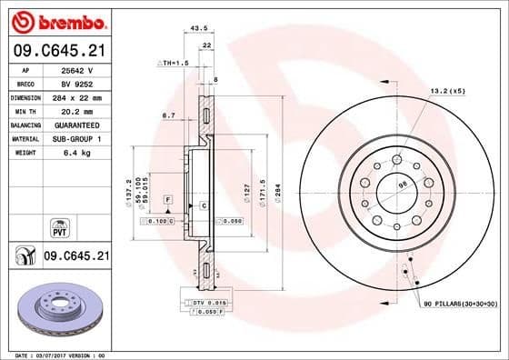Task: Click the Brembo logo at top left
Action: coord(56,21)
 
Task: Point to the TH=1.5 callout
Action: coord(174,63)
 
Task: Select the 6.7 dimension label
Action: coord(168,115)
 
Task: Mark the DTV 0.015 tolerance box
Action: coord(209,301)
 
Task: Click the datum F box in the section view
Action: coord(167,198)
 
